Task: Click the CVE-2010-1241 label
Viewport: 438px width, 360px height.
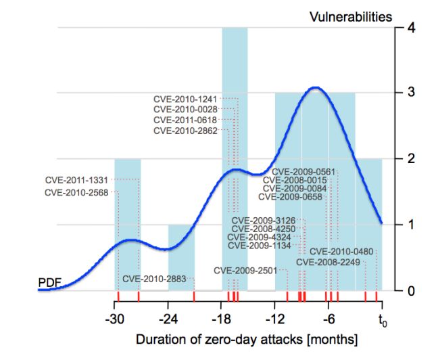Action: pos(185,99)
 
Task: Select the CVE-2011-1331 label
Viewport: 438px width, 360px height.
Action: pos(76,180)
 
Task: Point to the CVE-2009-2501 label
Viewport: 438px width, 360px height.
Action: pos(245,270)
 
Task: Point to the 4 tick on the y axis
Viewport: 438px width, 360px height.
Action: pos(401,28)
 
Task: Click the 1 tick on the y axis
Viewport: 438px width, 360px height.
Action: pos(401,225)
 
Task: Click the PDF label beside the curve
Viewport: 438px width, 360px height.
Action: pos(49,281)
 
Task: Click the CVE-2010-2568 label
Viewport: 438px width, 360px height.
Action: pos(76,192)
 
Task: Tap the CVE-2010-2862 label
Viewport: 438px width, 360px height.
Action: pos(185,131)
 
